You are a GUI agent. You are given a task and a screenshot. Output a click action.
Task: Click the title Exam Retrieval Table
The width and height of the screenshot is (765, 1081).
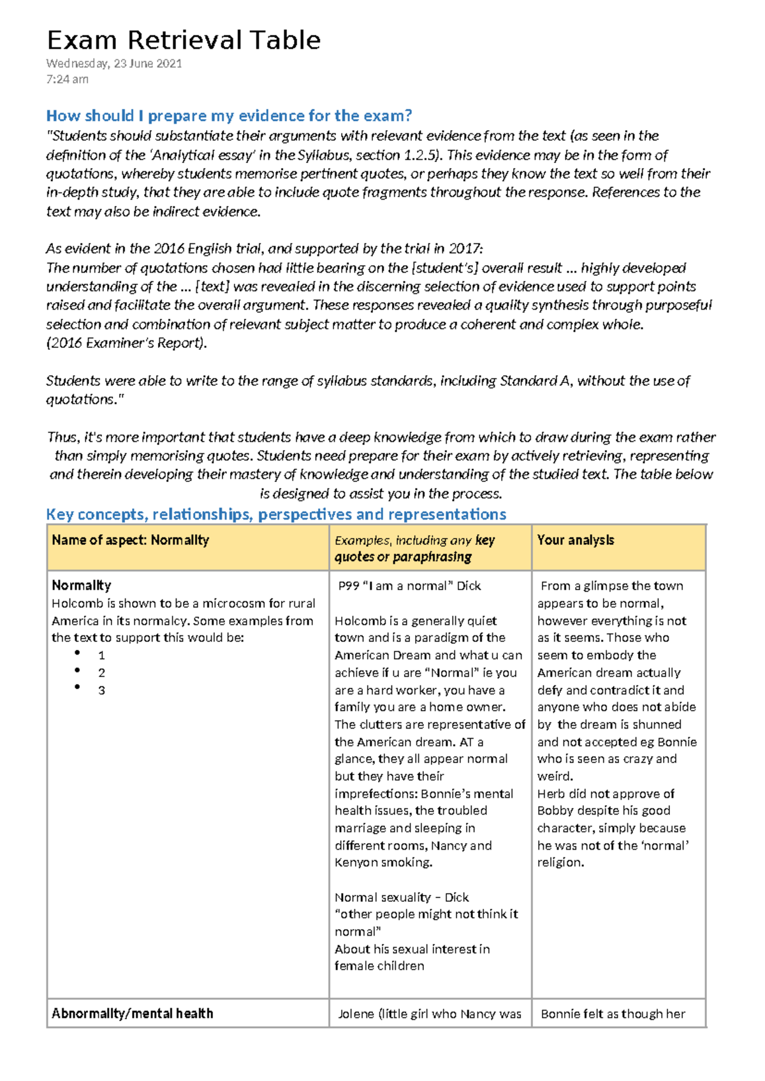click(x=184, y=40)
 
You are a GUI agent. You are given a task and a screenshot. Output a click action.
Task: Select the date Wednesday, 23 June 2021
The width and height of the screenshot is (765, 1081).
click(x=114, y=63)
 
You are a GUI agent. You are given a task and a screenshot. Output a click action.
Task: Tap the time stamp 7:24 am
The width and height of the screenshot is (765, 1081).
click(x=67, y=79)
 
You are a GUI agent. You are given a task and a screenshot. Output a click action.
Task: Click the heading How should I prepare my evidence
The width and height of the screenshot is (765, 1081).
click(x=229, y=115)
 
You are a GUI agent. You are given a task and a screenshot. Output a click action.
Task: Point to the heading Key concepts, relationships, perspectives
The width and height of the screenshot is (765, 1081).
click(x=276, y=514)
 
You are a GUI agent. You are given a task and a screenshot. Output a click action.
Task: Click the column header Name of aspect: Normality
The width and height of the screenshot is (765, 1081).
click(x=130, y=540)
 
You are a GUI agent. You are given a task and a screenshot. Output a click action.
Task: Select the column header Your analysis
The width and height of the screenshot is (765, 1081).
click(x=575, y=540)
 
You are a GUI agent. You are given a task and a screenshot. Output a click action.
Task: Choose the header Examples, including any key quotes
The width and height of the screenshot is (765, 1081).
click(x=414, y=548)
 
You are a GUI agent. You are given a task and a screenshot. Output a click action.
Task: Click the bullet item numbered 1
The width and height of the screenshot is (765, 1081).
click(x=101, y=655)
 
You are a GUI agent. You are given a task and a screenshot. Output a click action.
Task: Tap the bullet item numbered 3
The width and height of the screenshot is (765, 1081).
click(x=101, y=690)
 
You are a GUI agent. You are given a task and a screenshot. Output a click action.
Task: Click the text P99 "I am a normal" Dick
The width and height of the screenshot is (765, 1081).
click(x=409, y=586)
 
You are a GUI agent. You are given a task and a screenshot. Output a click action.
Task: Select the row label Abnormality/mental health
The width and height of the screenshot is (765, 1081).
click(x=132, y=1013)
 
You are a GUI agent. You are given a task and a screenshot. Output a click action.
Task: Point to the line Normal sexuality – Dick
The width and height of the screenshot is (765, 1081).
click(x=402, y=897)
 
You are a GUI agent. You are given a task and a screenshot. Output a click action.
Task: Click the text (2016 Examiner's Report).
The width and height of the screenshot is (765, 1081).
click(x=127, y=343)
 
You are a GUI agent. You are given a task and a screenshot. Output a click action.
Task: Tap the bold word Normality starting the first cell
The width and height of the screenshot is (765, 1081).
click(x=81, y=585)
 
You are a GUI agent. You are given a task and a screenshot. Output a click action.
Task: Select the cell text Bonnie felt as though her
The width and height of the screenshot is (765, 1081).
click(x=613, y=1014)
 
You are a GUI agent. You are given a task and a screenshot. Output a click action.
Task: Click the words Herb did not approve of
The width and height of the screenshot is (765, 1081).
click(x=605, y=794)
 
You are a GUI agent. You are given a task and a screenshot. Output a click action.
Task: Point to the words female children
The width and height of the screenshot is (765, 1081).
click(x=379, y=966)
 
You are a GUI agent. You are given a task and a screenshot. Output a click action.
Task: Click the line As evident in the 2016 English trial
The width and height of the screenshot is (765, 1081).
click(x=265, y=249)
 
